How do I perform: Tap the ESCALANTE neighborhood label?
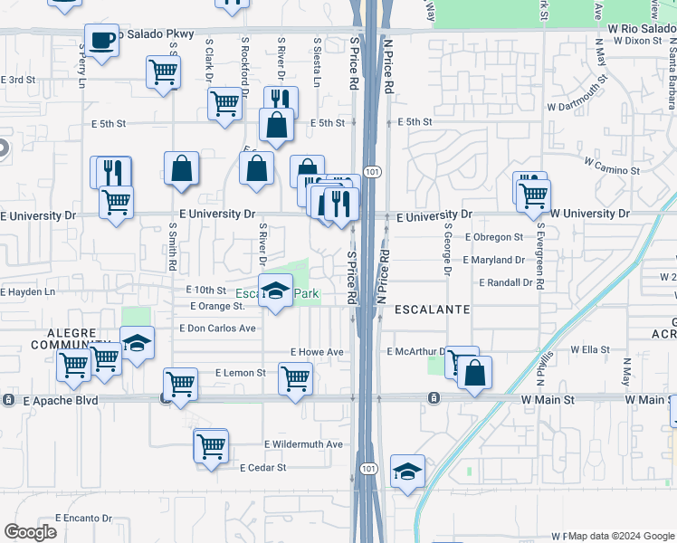coord(431,310)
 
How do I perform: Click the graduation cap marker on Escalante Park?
coord(275,291)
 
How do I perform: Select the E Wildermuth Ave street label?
coord(303,444)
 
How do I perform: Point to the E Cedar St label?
coord(262,468)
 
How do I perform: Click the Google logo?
coord(30,532)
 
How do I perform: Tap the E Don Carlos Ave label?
coord(218,329)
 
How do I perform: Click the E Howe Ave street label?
coord(317,352)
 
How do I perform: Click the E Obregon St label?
coord(493,237)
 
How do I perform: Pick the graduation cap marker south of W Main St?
coord(407,471)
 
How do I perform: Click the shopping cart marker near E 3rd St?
coord(163,71)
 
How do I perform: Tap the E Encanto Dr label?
coord(82,519)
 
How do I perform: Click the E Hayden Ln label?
coord(28,292)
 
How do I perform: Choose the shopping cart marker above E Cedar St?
coord(211,445)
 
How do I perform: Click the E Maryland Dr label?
coord(493,260)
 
